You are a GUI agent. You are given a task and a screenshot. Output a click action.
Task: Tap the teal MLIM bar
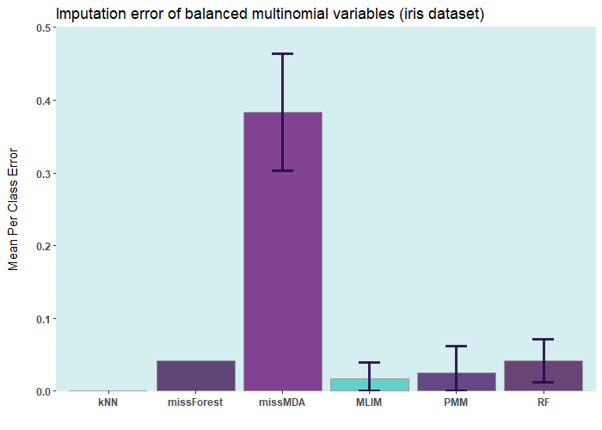(369, 384)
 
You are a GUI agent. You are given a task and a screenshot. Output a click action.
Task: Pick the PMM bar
(456, 382)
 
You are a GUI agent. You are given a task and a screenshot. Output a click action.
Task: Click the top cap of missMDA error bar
(282, 54)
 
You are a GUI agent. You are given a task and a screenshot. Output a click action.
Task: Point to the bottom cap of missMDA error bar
(282, 170)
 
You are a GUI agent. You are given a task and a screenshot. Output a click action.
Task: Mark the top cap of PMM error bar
(456, 346)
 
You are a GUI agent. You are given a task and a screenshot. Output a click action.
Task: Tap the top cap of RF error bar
(543, 339)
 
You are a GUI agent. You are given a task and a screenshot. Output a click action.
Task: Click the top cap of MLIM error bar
(369, 362)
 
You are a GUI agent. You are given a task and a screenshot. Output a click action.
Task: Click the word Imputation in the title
(89, 14)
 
